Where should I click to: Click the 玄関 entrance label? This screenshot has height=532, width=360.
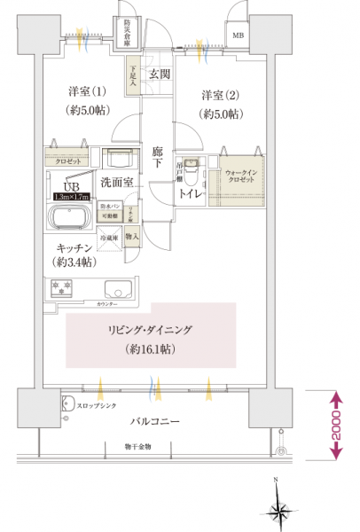coord(160,74)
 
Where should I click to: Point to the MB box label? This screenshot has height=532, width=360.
coord(237,35)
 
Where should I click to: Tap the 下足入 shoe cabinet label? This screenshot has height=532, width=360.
coord(132,68)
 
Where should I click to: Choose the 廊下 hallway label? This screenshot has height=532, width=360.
coord(156,157)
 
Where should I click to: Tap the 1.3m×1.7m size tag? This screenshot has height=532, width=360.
coord(71,198)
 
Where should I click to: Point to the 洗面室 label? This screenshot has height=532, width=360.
coord(116,183)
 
